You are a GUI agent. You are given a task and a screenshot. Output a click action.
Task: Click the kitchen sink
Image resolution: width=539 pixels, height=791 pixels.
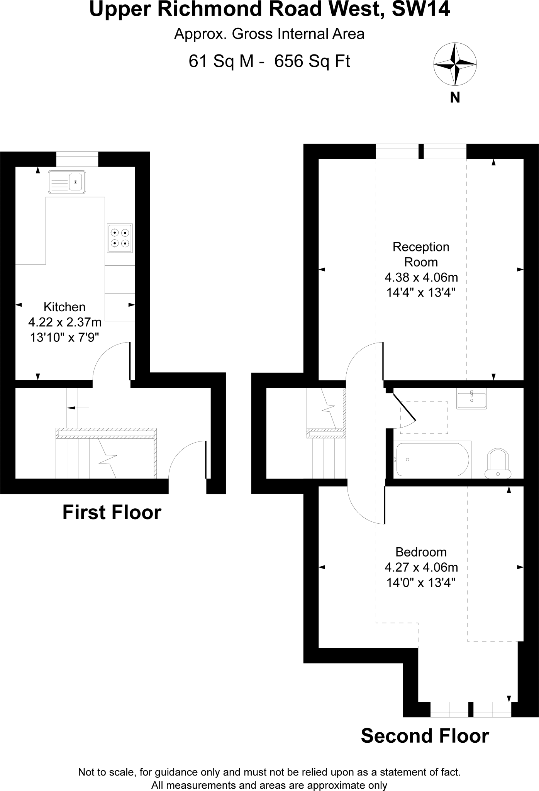[66, 182]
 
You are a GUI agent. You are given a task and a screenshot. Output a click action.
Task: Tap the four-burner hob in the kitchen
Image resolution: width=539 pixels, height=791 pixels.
[120, 238]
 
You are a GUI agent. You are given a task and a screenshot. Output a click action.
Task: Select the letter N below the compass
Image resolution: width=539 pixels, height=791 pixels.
[455, 98]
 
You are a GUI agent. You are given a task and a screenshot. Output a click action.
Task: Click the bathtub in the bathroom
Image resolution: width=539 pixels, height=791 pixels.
[432, 460]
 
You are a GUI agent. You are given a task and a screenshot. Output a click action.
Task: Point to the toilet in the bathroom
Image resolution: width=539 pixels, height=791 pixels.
[498, 463]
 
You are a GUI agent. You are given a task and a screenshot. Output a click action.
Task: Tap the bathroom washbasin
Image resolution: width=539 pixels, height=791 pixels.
[471, 398]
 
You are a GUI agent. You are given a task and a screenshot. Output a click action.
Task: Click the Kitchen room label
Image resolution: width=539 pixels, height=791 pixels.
[64, 307]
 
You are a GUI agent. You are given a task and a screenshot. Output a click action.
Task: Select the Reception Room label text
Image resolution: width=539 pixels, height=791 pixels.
[421, 254]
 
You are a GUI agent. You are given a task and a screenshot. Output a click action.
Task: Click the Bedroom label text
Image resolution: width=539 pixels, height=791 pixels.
[421, 552]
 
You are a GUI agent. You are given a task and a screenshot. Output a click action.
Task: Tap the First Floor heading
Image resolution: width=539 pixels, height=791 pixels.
[112, 513]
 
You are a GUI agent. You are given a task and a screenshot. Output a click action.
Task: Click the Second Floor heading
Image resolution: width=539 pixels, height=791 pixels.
[425, 736]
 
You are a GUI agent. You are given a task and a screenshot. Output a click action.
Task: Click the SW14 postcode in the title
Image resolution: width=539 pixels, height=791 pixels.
[421, 9]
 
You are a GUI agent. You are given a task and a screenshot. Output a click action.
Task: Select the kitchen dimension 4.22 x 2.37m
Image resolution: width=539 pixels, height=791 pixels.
[65, 322]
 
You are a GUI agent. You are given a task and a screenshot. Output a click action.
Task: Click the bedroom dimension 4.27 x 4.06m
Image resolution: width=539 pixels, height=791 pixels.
[421, 567]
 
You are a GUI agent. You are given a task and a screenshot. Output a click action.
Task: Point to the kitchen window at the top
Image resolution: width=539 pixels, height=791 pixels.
[77, 159]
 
